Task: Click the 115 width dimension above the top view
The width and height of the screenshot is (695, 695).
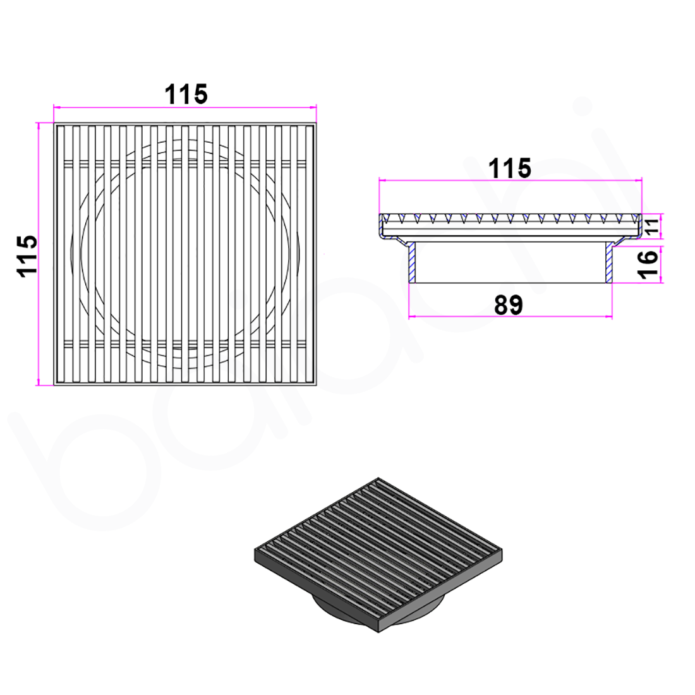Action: [186, 94]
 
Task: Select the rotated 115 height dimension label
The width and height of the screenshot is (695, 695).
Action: [28, 255]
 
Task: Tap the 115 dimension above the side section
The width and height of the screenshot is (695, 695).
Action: [510, 169]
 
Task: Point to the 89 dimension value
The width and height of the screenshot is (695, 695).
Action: [509, 305]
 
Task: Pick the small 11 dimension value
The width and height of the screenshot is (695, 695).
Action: [651, 226]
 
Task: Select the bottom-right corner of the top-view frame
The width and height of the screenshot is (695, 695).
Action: [316, 385]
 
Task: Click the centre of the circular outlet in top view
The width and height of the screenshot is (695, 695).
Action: [185, 254]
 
